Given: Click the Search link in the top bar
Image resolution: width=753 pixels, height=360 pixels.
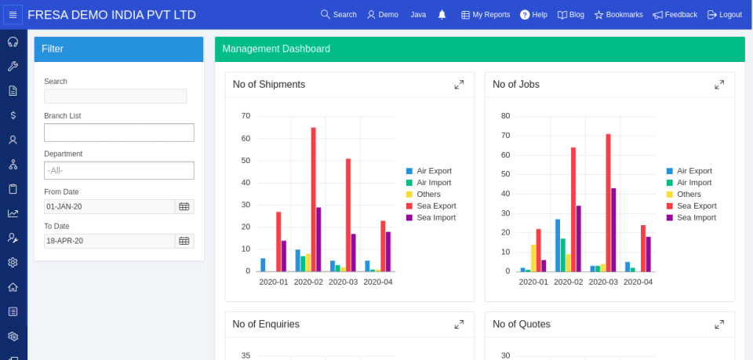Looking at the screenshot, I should click(338, 15).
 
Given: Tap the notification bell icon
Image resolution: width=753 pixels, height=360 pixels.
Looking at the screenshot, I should click(442, 15).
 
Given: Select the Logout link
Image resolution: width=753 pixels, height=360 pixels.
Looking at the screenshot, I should click(724, 15).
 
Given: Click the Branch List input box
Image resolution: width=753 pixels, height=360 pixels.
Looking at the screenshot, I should click(118, 133).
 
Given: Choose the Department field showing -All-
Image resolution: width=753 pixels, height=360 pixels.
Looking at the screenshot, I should click(118, 170).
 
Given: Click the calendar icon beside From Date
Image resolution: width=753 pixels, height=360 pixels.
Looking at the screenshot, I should click(184, 207).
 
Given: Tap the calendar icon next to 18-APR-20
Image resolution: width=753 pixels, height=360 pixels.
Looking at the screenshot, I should click(184, 242).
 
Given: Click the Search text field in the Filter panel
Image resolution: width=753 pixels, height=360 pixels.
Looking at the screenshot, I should click(115, 96).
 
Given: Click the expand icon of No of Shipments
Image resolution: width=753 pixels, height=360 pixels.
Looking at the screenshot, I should click(459, 85).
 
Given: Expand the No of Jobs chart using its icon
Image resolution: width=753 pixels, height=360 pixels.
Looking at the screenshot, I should click(719, 85).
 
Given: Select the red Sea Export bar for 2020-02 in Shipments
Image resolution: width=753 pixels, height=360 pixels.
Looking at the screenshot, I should click(313, 200).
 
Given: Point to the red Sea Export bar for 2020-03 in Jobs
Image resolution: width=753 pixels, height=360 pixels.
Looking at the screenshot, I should click(608, 203).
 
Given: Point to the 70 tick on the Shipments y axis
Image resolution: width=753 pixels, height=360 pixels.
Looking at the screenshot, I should click(246, 116).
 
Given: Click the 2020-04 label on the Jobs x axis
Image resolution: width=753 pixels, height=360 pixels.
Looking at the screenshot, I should click(638, 282).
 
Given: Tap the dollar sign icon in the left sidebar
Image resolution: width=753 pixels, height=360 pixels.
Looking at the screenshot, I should click(13, 115).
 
